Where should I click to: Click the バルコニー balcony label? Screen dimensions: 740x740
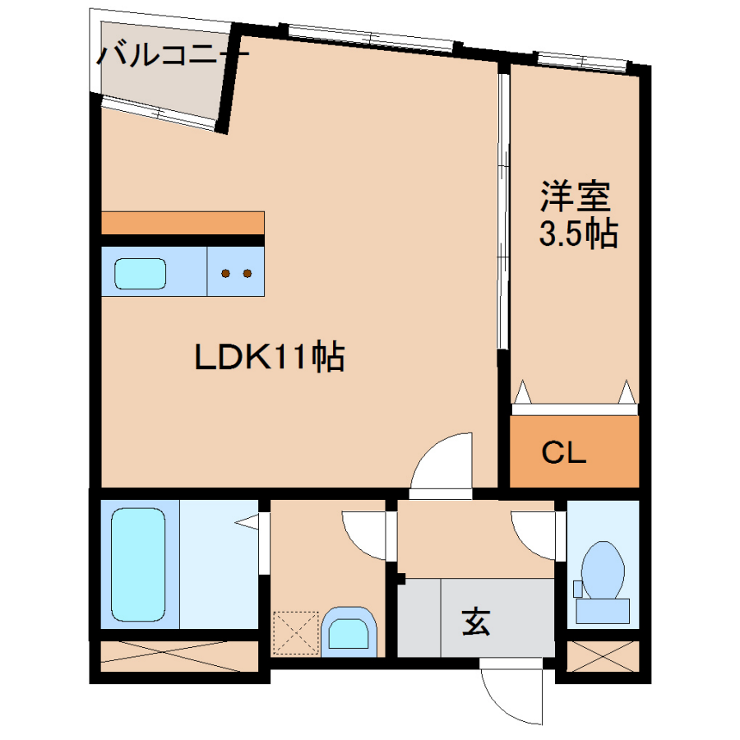click(173, 54)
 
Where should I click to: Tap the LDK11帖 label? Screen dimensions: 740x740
click(270, 356)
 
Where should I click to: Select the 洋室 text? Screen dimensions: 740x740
click(576, 196)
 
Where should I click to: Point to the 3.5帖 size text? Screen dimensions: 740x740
click(579, 232)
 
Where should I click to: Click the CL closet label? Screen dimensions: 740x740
click(563, 452)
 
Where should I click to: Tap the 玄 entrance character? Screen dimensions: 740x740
click(476, 622)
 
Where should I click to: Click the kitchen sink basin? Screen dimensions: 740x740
click(140, 273)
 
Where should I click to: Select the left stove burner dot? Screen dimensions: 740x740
click(225, 273)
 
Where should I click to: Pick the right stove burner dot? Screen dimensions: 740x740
click(247, 273)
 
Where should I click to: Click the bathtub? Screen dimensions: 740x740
click(138, 564)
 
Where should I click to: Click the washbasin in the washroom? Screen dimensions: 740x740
click(349, 632)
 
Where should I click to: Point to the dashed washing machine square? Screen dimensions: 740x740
click(296, 633)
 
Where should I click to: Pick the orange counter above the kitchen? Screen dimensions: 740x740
click(183, 223)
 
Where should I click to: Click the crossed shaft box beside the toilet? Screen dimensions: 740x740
click(603, 655)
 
